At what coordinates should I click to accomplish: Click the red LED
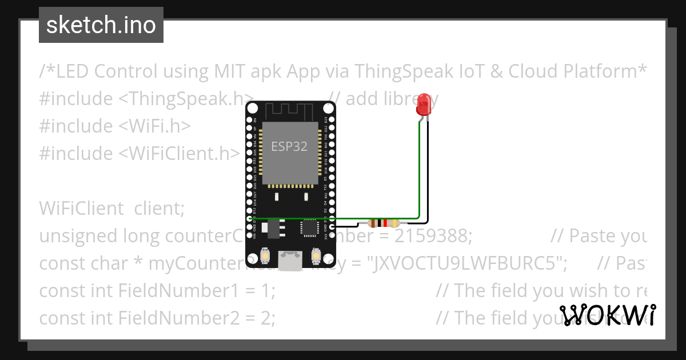[424, 105]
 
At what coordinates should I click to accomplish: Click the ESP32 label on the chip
[289, 146]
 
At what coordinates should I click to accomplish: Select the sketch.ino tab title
[101, 25]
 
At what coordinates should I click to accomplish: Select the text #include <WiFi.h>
[115, 126]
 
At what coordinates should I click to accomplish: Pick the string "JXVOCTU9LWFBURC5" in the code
[467, 263]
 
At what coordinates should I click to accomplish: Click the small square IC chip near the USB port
[309, 228]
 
